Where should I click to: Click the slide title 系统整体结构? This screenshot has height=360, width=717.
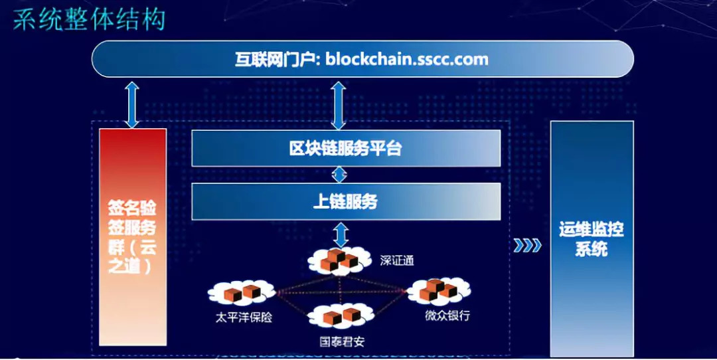tap(89, 19)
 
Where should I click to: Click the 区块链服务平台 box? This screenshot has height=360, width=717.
tap(345, 148)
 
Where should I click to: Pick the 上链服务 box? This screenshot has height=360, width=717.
tap(345, 201)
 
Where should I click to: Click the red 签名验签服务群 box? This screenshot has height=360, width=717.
tap(132, 237)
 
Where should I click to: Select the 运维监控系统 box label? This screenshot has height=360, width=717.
tap(592, 240)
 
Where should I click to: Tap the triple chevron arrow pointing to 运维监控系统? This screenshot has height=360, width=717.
tap(527, 246)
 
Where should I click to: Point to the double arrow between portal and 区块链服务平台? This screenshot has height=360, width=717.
tap(339, 105)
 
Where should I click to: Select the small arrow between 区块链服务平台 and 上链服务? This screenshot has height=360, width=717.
tap(340, 175)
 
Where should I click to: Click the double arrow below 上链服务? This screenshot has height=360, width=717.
tap(340, 234)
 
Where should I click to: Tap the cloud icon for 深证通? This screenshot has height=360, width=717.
tap(339, 260)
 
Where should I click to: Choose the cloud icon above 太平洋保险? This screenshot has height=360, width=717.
tap(242, 292)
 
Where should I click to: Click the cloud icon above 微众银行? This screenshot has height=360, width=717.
tap(439, 291)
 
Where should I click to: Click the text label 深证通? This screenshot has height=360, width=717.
tap(397, 261)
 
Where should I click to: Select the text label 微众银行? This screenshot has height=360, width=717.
tap(447, 315)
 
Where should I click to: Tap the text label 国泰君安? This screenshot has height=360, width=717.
tap(341, 342)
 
